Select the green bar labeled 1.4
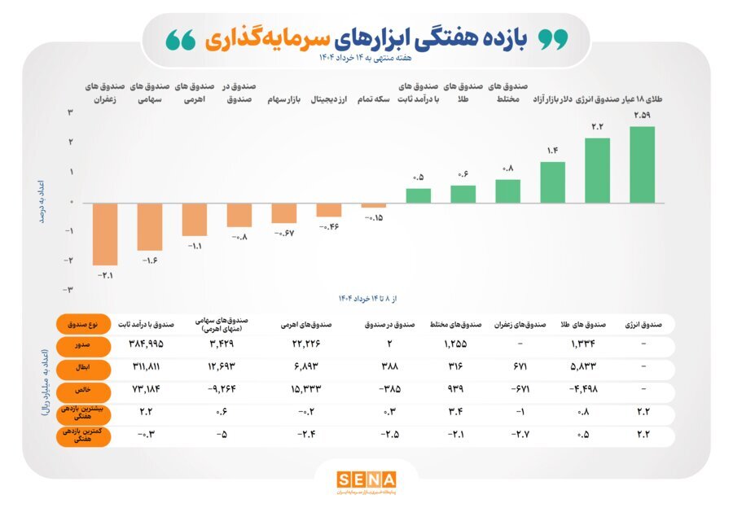point(553,182)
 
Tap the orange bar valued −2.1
point(104,234)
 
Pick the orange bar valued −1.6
point(150,226)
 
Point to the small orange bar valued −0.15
point(374,205)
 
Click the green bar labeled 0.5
point(419,195)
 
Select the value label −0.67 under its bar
point(284,234)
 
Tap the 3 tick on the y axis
point(71,113)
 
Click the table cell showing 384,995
point(147,345)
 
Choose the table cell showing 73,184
point(147,390)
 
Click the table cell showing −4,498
point(582,390)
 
